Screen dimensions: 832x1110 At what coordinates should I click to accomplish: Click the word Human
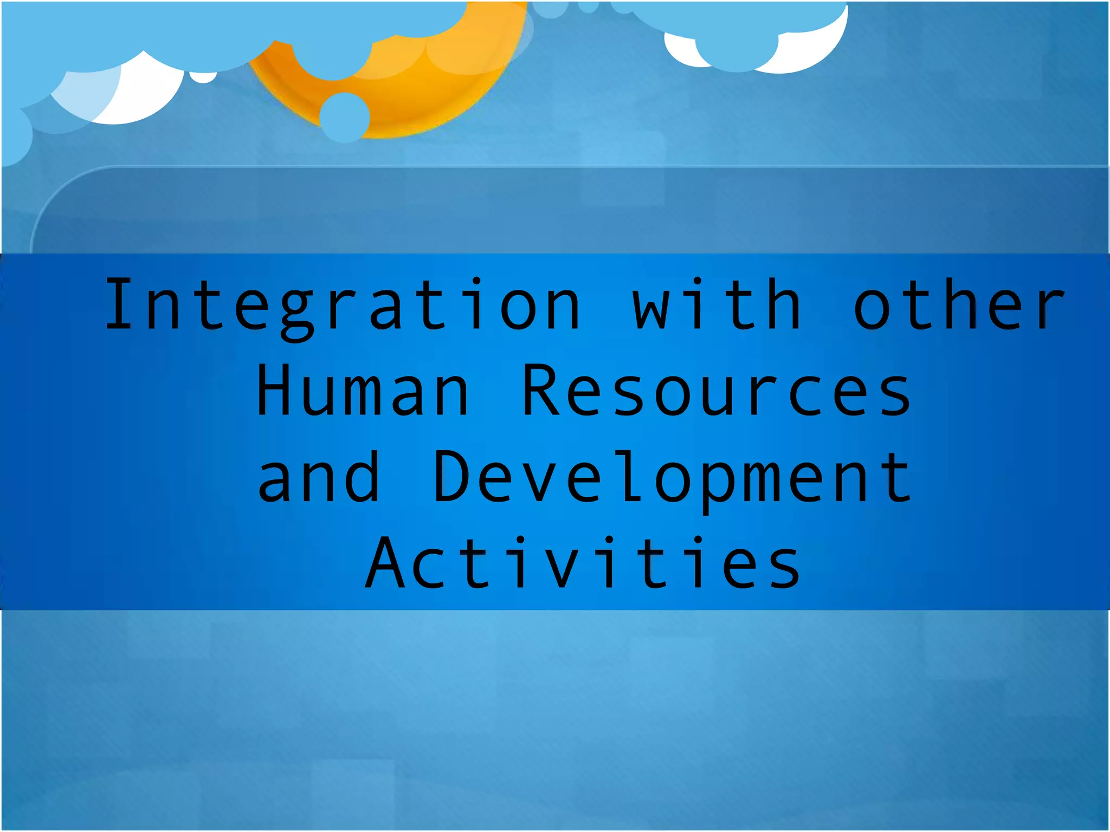tap(362, 391)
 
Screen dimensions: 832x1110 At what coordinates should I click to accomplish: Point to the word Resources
tap(717, 391)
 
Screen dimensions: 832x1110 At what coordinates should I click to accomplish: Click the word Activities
tap(583, 563)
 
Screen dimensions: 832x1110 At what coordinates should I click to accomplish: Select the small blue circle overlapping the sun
tap(345, 117)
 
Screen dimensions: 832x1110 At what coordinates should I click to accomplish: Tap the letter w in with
tap(650, 311)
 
